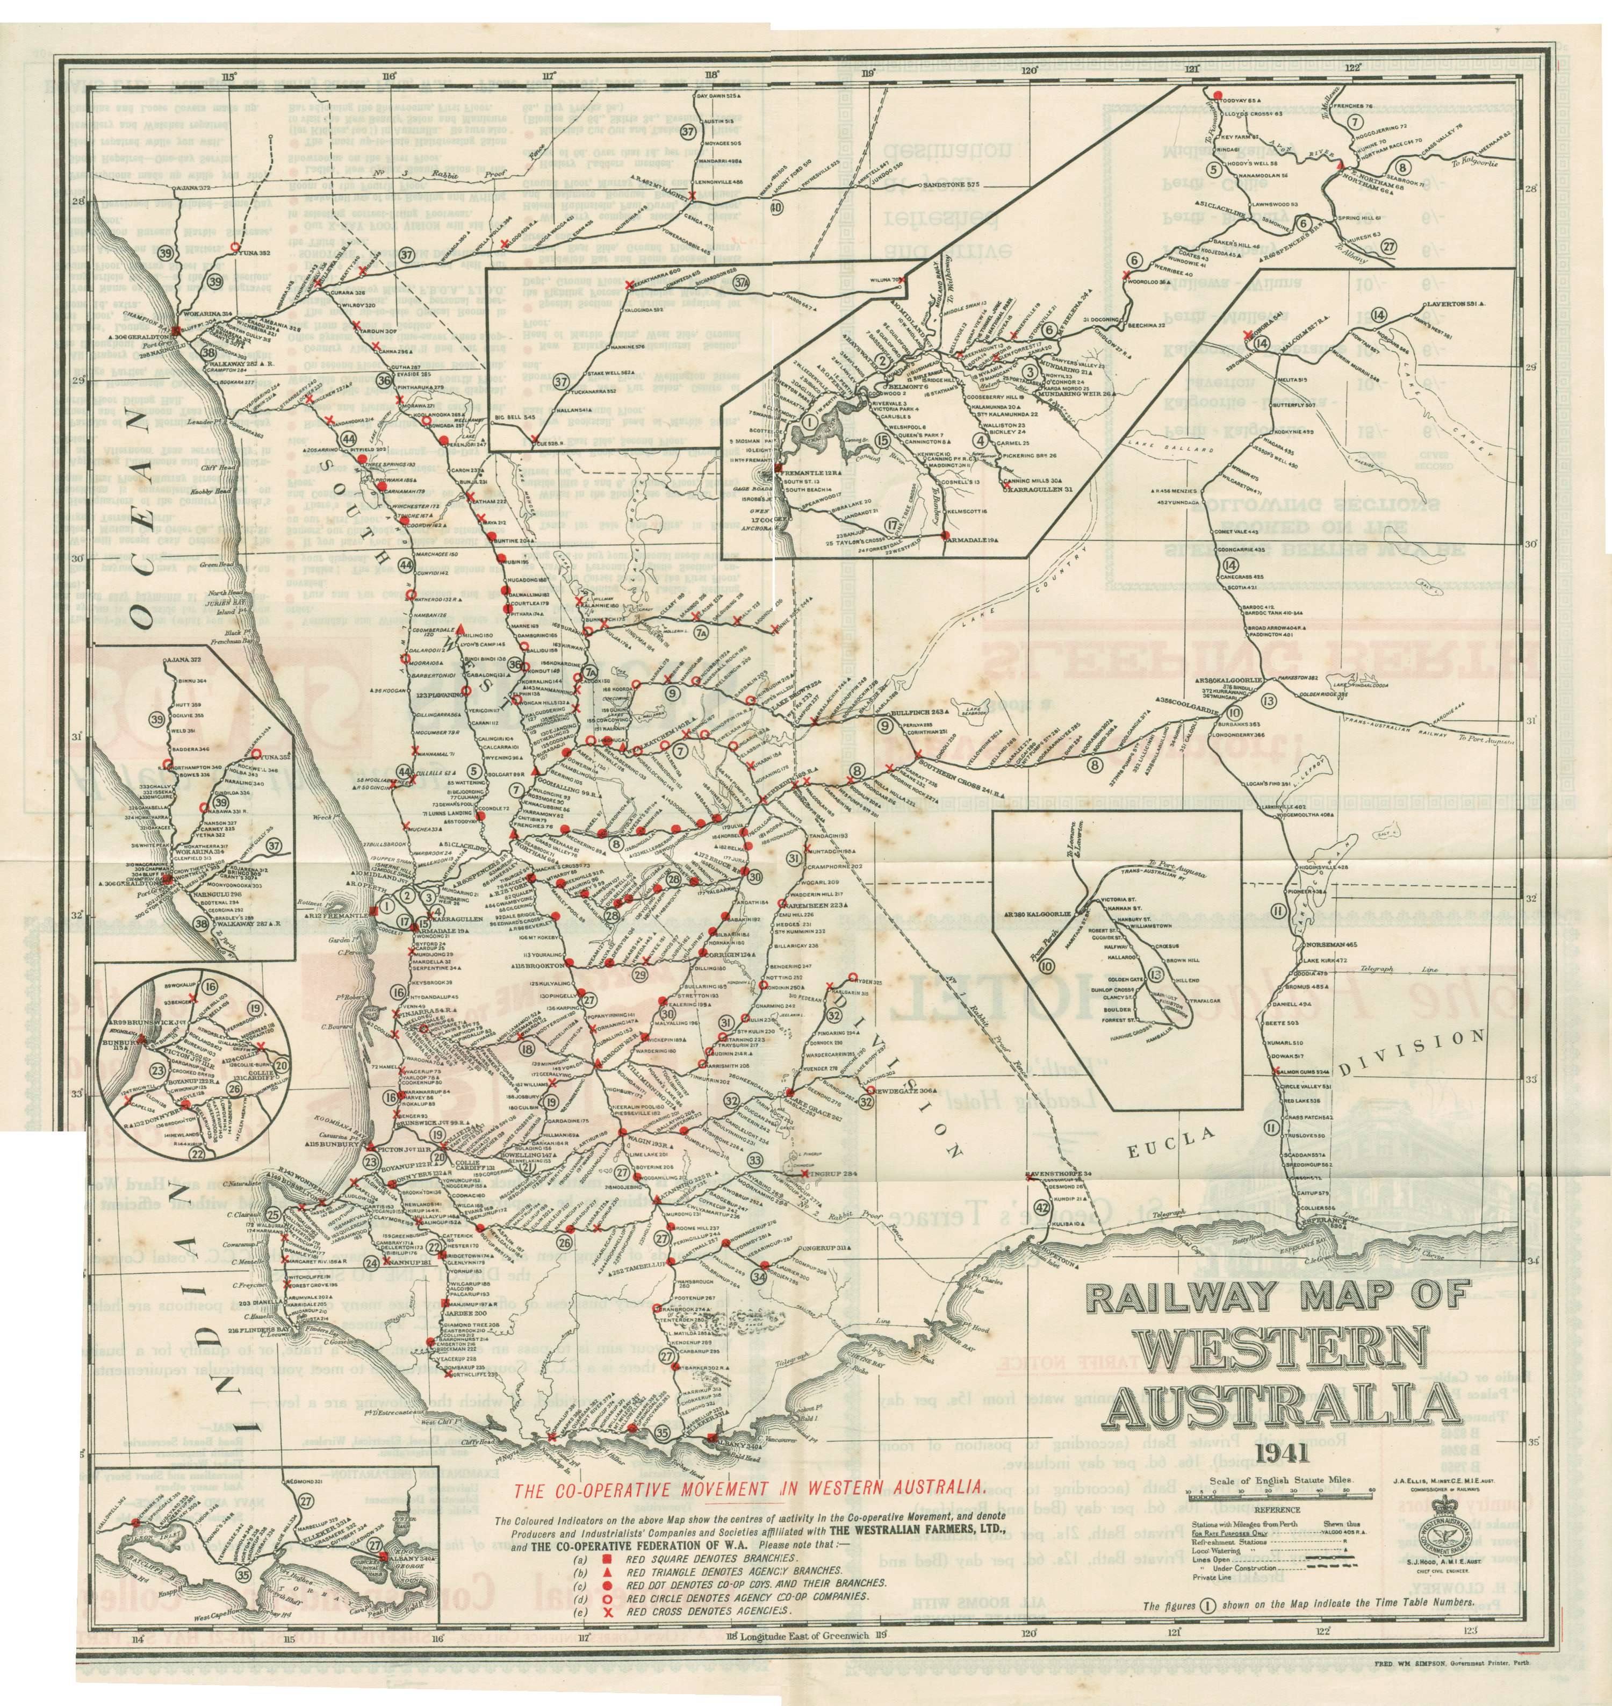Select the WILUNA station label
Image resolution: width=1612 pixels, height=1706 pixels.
tap(884, 280)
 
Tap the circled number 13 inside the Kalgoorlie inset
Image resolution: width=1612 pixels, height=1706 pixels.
tap(1156, 974)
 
